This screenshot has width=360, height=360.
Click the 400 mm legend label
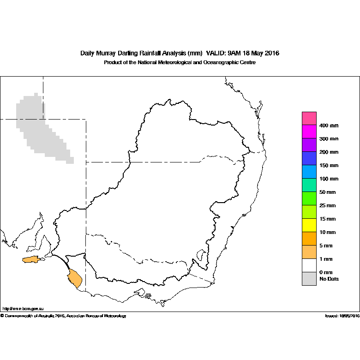click(x=329, y=126)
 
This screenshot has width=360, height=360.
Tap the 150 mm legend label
click(x=329, y=166)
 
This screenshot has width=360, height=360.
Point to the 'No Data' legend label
click(x=329, y=279)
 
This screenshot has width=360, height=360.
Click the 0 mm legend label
click(x=326, y=272)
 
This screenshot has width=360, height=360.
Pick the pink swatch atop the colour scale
click(x=309, y=119)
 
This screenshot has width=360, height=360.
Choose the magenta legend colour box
click(x=309, y=132)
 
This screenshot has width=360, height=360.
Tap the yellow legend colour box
click(x=309, y=225)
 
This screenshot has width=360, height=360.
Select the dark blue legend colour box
click(x=309, y=158)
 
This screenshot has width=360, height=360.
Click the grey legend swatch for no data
click(x=309, y=279)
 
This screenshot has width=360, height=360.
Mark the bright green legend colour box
click(x=309, y=198)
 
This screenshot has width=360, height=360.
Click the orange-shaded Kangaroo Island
click(x=31, y=259)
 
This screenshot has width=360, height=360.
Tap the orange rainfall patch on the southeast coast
click(x=75, y=278)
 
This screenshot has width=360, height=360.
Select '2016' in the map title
click(x=272, y=53)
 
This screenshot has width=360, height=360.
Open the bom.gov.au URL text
click(x=23, y=309)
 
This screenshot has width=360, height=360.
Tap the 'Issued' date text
click(x=342, y=316)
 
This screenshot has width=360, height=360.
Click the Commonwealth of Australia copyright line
click(x=63, y=316)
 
